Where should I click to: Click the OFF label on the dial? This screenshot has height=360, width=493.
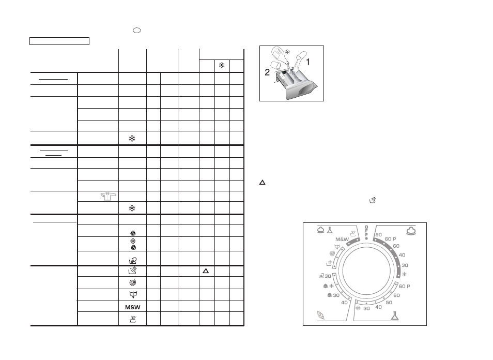(x=366, y=231)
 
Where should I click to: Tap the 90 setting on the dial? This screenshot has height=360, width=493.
(x=379, y=235)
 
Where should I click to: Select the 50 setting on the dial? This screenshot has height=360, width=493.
(x=389, y=303)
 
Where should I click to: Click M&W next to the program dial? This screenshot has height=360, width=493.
(x=342, y=239)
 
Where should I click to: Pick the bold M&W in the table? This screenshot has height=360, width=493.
(x=133, y=307)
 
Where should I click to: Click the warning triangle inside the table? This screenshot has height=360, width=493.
(x=206, y=271)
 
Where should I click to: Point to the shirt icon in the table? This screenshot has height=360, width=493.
(x=109, y=197)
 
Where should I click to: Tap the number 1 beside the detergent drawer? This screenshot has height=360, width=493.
(x=308, y=62)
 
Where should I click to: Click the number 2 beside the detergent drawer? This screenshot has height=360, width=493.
(x=267, y=72)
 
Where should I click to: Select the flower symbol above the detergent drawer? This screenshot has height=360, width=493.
(x=287, y=52)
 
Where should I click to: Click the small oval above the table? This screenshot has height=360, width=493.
(x=137, y=30)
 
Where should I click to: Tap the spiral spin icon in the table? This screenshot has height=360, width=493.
(x=133, y=282)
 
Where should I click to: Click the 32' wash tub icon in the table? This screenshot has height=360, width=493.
(x=133, y=320)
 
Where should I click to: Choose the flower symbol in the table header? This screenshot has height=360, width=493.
(x=222, y=66)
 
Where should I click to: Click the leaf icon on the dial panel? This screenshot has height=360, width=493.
(x=321, y=314)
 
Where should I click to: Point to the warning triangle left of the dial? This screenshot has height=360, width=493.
(x=262, y=182)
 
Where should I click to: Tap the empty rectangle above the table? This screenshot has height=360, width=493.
(x=59, y=41)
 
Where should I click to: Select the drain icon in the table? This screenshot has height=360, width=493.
(x=133, y=294)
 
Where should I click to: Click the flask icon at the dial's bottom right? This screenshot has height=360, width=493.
(x=395, y=316)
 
